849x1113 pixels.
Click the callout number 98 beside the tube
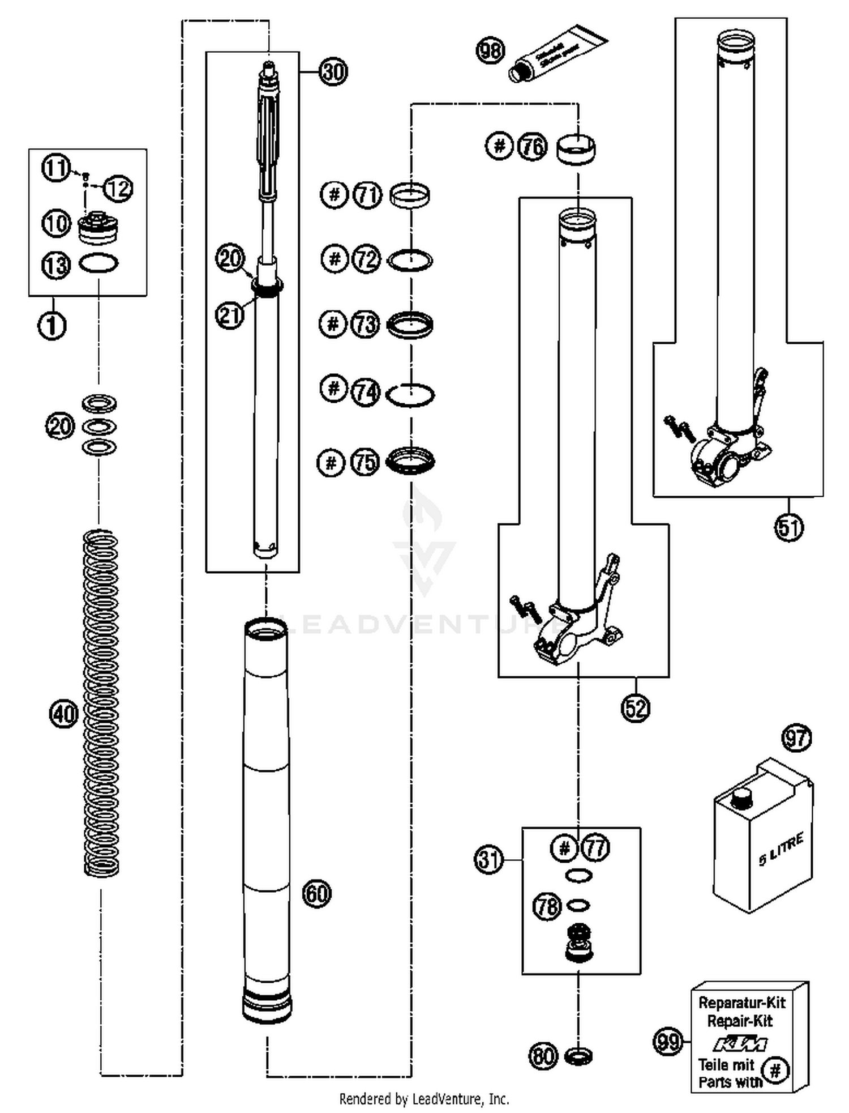point(490,51)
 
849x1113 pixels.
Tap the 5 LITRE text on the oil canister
point(781,850)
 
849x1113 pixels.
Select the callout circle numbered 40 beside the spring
point(63,714)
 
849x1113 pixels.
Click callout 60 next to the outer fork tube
point(316,893)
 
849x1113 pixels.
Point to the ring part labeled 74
point(410,395)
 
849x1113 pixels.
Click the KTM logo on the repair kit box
point(740,1043)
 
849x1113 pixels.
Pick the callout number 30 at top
point(333,72)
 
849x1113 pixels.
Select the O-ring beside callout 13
point(98,263)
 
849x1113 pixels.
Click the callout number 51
point(788,527)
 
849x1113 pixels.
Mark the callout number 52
point(635,707)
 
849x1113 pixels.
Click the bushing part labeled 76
point(576,148)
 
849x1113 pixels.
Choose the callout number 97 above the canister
point(796,738)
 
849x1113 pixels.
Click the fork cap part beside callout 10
point(98,227)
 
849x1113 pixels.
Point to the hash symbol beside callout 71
point(335,195)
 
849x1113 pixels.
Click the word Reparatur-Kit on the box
point(741,1003)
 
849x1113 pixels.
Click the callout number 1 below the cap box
point(52,325)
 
